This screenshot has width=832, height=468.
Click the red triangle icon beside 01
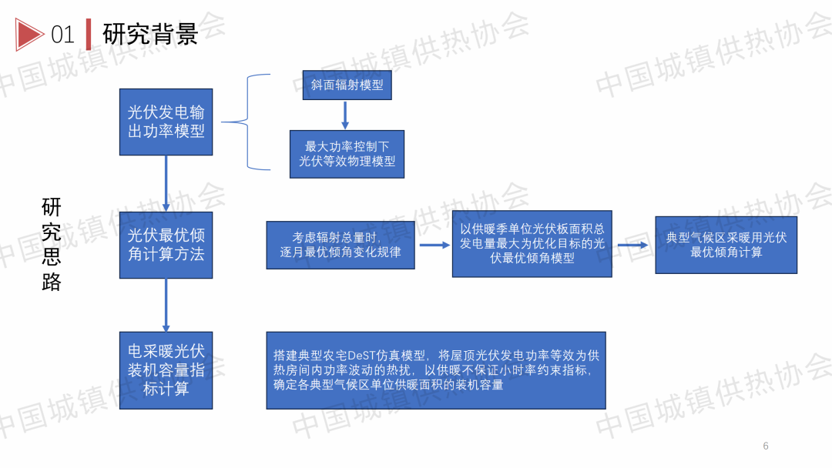[30, 34]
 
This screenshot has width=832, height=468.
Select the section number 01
[62, 35]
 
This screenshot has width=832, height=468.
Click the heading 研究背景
[150, 34]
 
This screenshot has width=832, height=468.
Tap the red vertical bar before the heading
[89, 34]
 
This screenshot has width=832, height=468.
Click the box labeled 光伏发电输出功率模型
[166, 122]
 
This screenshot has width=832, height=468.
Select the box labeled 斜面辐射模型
[347, 85]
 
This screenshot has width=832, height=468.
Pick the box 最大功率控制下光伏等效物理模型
[347, 154]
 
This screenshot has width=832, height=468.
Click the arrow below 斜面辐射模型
[345, 115]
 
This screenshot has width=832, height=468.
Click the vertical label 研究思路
[52, 244]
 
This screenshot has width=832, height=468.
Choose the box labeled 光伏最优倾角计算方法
[166, 245]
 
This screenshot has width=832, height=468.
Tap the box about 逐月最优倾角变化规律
[341, 246]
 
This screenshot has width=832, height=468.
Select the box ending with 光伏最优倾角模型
[532, 244]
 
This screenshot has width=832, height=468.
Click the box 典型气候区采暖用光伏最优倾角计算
[726, 245]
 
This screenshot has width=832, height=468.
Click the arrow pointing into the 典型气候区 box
[632, 246]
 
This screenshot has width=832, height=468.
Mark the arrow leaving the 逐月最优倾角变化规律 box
[434, 246]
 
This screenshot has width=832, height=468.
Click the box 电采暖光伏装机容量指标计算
[166, 370]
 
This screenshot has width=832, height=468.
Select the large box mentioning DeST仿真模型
[435, 370]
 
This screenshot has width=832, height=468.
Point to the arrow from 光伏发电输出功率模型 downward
[166, 183]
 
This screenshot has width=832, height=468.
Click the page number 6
[766, 446]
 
